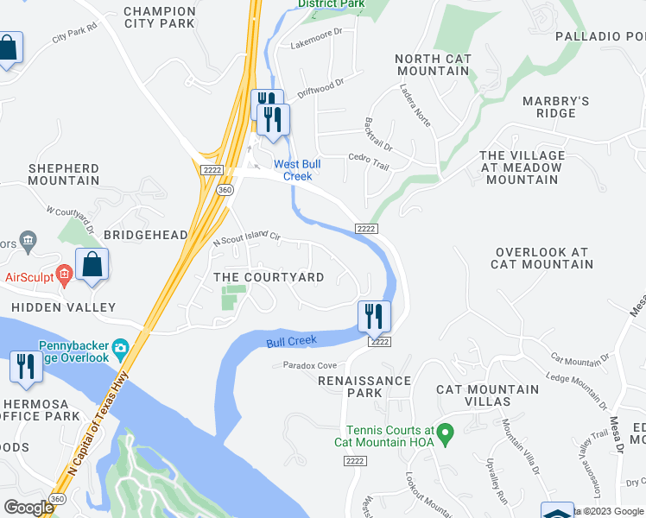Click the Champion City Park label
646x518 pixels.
pos(159,17)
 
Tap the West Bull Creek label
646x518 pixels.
pos(292,170)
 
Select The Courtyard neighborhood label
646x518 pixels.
pos(269,277)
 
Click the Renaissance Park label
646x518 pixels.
pos(364,386)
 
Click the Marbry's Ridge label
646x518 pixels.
pos(555,107)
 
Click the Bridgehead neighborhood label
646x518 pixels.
pos(145,235)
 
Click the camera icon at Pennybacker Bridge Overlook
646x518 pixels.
pos(121,348)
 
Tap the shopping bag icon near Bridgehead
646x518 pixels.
pos(92,264)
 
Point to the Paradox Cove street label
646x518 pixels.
pos(310,365)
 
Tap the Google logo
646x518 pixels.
pos(29,508)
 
